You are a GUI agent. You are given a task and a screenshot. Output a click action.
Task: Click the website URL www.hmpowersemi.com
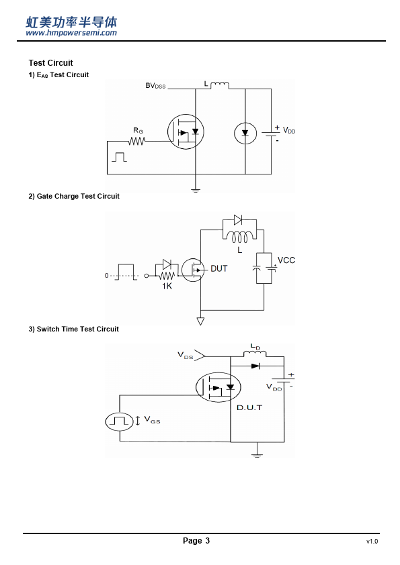(71, 33)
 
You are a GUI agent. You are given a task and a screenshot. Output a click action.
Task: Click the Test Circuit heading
(50, 63)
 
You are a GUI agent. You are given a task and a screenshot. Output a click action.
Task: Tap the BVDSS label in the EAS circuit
(155, 86)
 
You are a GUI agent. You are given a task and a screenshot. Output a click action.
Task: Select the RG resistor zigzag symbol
(137, 141)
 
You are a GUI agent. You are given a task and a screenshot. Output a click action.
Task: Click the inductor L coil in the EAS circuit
(219, 85)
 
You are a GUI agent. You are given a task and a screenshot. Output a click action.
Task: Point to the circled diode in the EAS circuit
(245, 134)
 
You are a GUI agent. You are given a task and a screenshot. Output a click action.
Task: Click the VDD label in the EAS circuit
(289, 130)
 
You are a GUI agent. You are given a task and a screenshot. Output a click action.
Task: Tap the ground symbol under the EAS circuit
(196, 191)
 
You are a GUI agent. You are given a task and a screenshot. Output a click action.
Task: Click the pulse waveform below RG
(119, 157)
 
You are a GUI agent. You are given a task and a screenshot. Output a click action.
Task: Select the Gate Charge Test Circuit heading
(74, 197)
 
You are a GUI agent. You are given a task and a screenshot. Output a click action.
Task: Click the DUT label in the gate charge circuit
(218, 268)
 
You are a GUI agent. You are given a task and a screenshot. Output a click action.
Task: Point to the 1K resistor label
(167, 286)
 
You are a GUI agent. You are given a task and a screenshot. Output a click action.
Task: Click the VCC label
(286, 260)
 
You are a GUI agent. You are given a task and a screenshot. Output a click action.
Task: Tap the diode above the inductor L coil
(238, 220)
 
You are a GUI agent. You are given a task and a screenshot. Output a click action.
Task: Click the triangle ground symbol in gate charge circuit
(200, 321)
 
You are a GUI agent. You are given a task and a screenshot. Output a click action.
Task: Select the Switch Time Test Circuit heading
(74, 329)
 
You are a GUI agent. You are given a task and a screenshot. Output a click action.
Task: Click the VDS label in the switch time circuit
(185, 355)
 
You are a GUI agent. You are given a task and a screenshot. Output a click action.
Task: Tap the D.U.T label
(249, 407)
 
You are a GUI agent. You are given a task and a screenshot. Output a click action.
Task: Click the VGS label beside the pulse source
(152, 419)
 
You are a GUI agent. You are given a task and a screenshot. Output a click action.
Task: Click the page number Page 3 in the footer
(196, 540)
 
